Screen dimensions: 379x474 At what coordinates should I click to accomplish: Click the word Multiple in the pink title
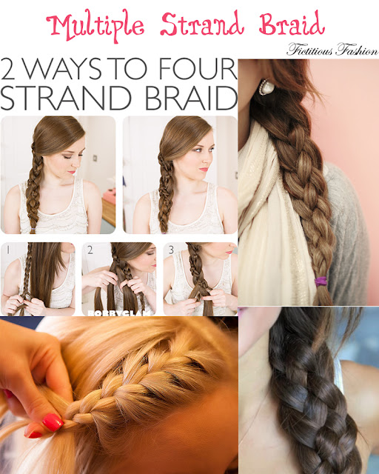95,26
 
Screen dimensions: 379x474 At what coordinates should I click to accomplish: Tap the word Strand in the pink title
202,24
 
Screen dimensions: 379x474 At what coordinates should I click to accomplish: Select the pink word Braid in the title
292,23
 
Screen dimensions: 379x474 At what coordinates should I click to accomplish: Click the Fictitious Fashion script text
332,50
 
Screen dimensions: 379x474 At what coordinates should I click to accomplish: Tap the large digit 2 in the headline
8,69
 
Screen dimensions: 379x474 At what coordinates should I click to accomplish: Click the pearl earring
266,87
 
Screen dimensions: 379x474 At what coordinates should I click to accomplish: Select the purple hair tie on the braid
321,281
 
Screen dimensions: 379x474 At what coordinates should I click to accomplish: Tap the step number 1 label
8,250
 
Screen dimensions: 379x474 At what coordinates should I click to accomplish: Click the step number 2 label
90,250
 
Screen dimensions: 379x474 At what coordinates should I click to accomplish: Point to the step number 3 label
172,250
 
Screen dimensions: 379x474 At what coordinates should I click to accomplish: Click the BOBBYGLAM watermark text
118,313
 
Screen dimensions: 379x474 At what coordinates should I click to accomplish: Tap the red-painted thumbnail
53,422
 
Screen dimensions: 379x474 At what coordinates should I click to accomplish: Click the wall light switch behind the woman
95,158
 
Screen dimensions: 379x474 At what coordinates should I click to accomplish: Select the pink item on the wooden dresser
109,195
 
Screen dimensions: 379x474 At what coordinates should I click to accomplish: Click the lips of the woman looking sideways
204,170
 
